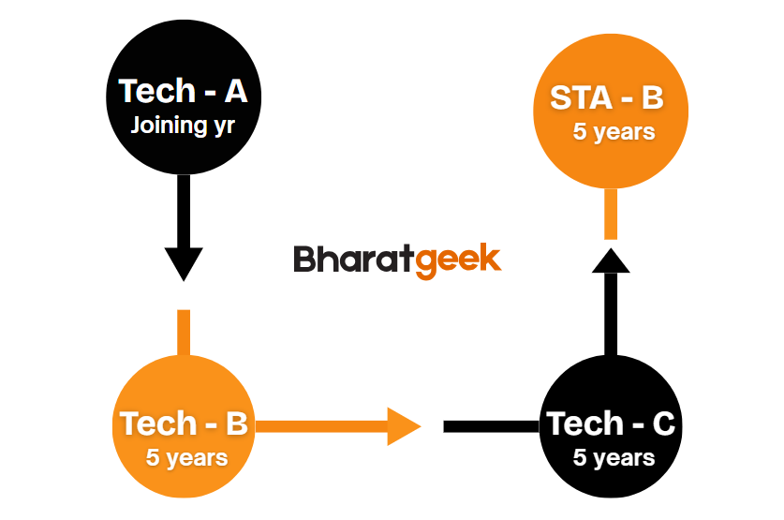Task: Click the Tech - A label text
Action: [183, 91]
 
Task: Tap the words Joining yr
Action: [183, 125]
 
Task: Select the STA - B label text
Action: [607, 97]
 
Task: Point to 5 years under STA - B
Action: [614, 132]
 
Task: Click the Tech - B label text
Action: [184, 423]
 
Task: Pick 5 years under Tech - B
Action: [186, 458]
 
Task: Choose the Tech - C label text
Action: [611, 423]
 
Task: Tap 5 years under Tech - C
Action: [614, 458]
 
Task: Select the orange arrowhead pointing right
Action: [404, 426]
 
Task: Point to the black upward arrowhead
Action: [611, 260]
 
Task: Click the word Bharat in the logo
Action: [354, 259]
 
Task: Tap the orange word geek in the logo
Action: [458, 261]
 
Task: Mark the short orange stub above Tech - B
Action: [184, 333]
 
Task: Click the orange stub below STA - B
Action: [611, 214]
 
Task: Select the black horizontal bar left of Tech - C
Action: [492, 426]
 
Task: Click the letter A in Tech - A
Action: [236, 91]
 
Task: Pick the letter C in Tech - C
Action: [664, 423]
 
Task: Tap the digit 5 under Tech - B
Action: [152, 457]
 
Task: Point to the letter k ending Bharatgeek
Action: [491, 258]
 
